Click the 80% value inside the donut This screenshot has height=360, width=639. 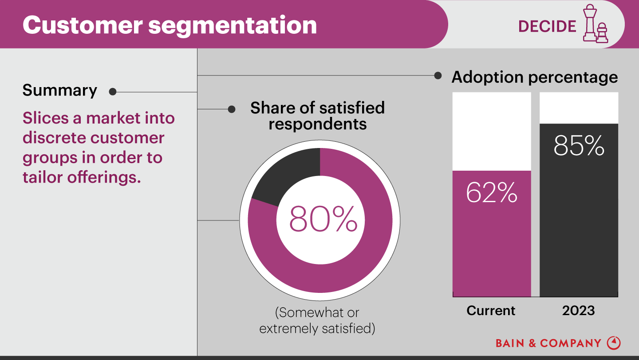tap(323, 219)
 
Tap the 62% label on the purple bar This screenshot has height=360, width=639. tap(492, 192)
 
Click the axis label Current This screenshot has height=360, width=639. tap(491, 310)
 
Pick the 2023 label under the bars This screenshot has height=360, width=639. tap(578, 310)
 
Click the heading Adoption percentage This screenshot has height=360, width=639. tap(534, 77)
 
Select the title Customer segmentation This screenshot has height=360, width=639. tap(170, 25)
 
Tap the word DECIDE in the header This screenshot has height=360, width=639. tap(547, 26)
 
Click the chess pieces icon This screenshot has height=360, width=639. tap(595, 24)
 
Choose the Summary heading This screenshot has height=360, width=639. tap(60, 90)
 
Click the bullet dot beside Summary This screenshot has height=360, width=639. tap(113, 92)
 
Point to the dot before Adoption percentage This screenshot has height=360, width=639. tap(438, 76)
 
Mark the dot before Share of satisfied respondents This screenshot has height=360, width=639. tap(232, 109)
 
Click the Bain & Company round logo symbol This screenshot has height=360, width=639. tap(614, 343)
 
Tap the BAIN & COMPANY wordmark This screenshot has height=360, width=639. tap(548, 343)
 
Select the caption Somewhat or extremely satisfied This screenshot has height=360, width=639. tap(317, 320)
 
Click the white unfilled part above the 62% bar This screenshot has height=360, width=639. tap(492, 131)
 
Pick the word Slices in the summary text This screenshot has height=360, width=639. tap(46, 118)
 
